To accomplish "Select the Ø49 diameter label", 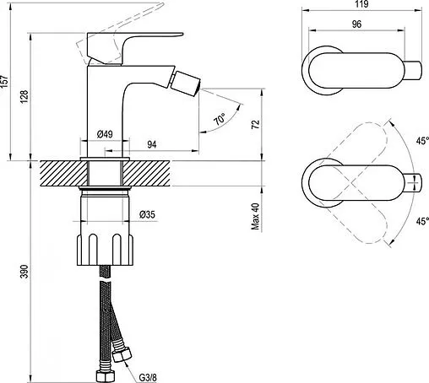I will click(x=105, y=133).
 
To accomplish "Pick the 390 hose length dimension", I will click(x=25, y=270).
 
